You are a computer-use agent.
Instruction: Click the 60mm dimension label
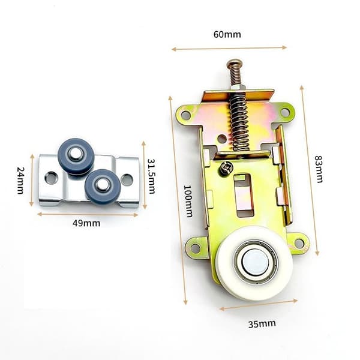(x=227, y=35)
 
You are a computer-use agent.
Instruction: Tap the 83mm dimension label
(x=319, y=169)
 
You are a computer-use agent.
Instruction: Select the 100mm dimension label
(x=188, y=201)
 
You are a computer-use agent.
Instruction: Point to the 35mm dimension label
(x=262, y=324)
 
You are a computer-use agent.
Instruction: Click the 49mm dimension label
(x=86, y=223)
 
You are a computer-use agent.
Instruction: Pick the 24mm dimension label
(x=20, y=180)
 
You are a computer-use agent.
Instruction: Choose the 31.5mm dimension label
(x=151, y=176)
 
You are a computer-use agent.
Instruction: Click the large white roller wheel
(x=255, y=263)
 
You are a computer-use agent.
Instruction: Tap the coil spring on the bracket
(x=239, y=122)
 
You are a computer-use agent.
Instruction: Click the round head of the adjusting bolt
(x=234, y=63)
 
